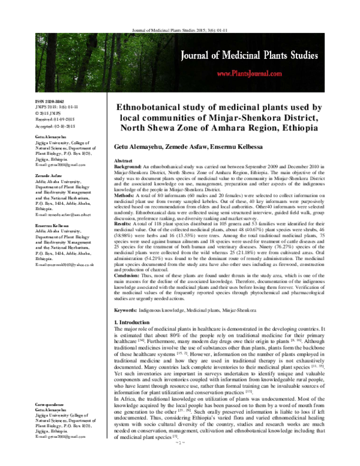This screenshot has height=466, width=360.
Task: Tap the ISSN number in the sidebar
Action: click(50, 103)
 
